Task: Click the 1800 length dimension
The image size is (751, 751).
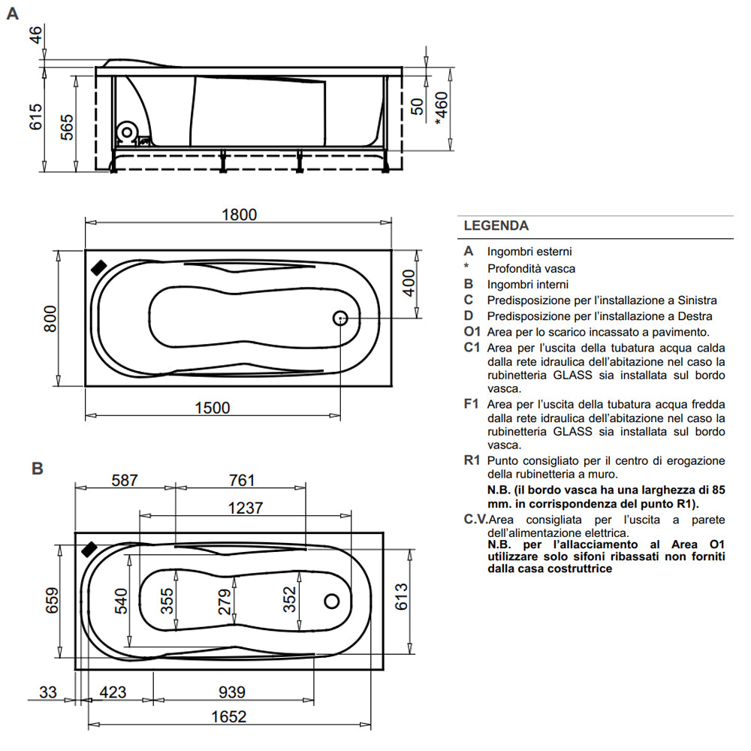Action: coord(239,214)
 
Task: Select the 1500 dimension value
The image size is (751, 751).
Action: coord(212,407)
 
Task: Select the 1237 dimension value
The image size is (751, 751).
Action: coord(245,508)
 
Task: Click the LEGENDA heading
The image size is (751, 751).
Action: coord(496,225)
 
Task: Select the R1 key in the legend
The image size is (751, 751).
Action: coord(472,460)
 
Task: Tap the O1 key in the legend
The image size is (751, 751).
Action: coord(472,331)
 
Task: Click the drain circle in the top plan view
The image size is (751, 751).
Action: coord(340,318)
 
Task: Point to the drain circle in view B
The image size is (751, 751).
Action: coord(332,602)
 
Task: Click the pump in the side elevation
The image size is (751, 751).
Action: coord(128,132)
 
